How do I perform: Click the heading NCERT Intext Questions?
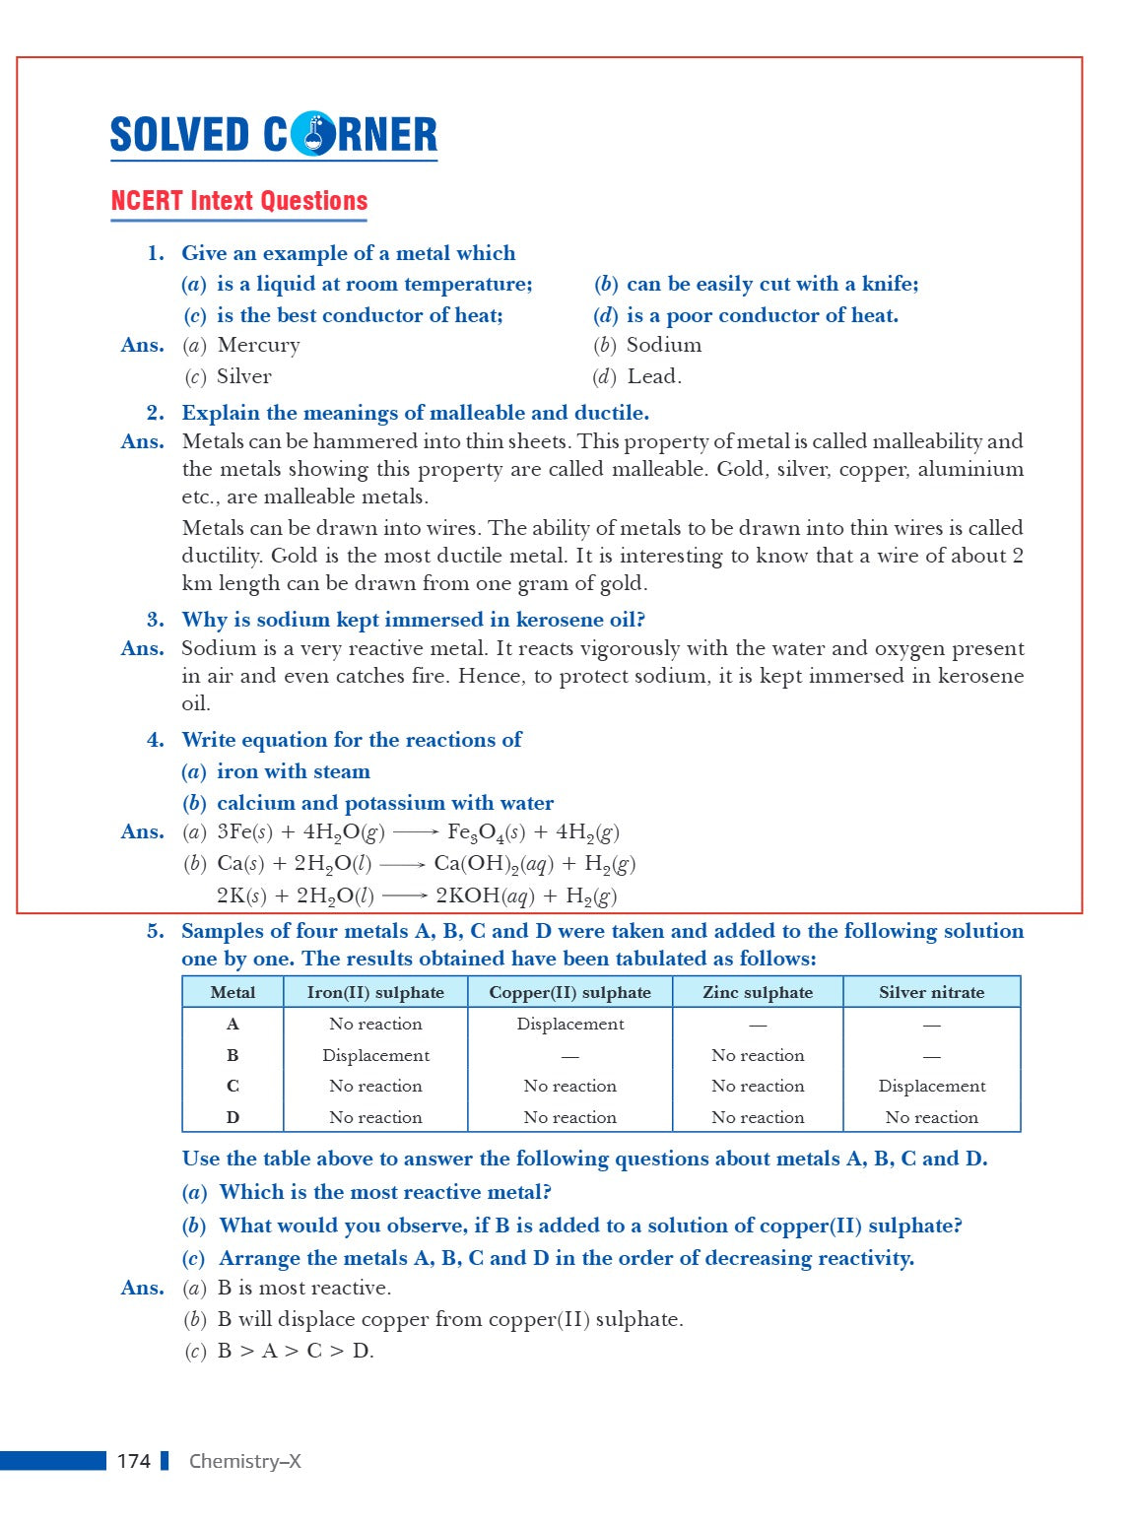pos(238,201)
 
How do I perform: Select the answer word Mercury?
pos(258,346)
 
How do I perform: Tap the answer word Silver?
pos(243,377)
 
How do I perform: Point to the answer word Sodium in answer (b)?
pos(664,346)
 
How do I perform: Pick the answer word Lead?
pos(654,377)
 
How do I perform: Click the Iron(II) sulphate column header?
pos(375,993)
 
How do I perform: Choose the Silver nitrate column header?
pos(931,993)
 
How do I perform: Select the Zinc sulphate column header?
pos(758,993)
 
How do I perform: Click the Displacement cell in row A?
pos(570,1025)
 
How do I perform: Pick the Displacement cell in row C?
pos(931,1087)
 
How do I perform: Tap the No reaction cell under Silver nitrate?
pos(931,1118)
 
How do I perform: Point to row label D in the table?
pos(233,1118)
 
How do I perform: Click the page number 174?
pos(133,1461)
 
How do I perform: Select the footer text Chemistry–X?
pos(244,1461)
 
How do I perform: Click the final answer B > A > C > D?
pos(296,1352)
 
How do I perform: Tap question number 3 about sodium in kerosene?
pos(156,621)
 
